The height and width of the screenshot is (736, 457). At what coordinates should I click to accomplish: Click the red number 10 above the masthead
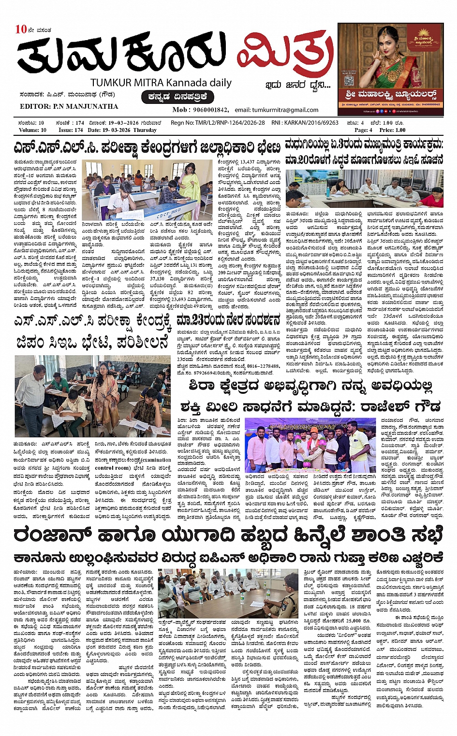click(x=21, y=29)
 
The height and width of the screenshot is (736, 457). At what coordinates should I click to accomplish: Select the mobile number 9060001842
click(x=211, y=110)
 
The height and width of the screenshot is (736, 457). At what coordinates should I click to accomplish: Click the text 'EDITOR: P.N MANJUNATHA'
click(x=69, y=106)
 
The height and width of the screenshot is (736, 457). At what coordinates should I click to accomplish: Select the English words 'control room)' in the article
click(x=112, y=468)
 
